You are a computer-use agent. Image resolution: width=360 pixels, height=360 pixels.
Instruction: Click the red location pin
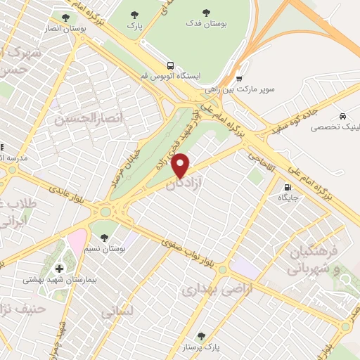tap(181, 165)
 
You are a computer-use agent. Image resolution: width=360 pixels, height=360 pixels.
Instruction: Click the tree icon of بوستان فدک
tap(206, 12)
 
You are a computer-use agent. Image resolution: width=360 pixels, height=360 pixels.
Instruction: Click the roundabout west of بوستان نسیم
tap(105, 211)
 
